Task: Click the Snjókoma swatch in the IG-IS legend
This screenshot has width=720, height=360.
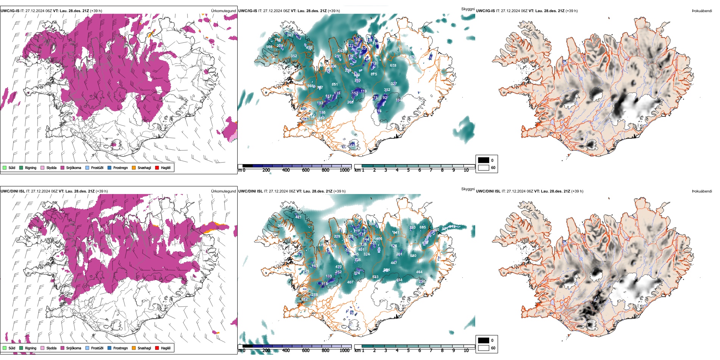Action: [63, 167]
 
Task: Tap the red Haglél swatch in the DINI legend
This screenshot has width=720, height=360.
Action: [157, 348]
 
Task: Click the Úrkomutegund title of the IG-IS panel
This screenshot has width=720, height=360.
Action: [223, 11]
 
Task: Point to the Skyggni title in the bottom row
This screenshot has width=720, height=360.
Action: [468, 189]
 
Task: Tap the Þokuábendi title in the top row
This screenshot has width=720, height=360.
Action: [701, 11]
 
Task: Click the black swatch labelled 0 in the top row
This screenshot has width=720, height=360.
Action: [484, 160]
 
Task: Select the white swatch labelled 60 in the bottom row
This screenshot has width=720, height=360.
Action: [484, 348]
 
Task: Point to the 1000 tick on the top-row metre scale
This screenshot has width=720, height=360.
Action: [344, 170]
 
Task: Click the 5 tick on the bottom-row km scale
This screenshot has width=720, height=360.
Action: [408, 351]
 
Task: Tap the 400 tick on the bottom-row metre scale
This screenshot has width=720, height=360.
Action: [286, 351]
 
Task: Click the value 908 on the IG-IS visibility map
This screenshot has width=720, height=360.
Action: [269, 47]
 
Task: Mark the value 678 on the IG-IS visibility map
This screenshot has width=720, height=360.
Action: [393, 66]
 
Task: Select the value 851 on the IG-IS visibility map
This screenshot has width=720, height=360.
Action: [335, 85]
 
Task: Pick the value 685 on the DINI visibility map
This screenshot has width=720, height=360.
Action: [423, 227]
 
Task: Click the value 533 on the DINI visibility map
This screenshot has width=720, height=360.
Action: [375, 277]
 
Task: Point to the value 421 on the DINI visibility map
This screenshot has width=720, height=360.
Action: [298, 217]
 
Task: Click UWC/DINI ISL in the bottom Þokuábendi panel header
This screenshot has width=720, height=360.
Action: [488, 191]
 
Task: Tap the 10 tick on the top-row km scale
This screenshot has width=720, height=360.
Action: [466, 170]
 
